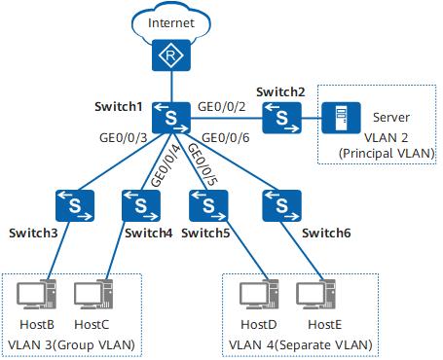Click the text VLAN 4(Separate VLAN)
pyautogui.click(x=299, y=345)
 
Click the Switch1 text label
pyautogui.click(x=119, y=105)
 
